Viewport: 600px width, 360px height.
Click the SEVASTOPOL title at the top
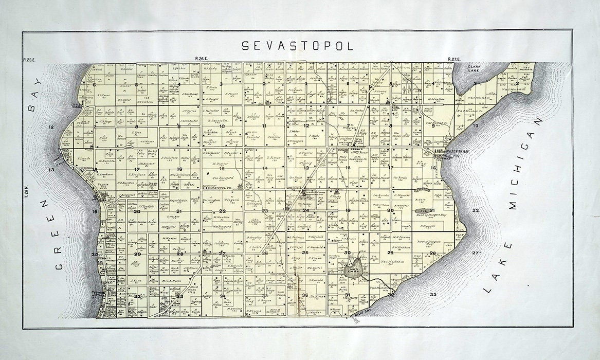[x=298, y=46]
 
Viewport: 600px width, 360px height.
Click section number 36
[x=305, y=295]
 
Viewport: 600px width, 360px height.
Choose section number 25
[x=305, y=253]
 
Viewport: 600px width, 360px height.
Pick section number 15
[x=222, y=168]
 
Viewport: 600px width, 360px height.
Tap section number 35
[x=264, y=296]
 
